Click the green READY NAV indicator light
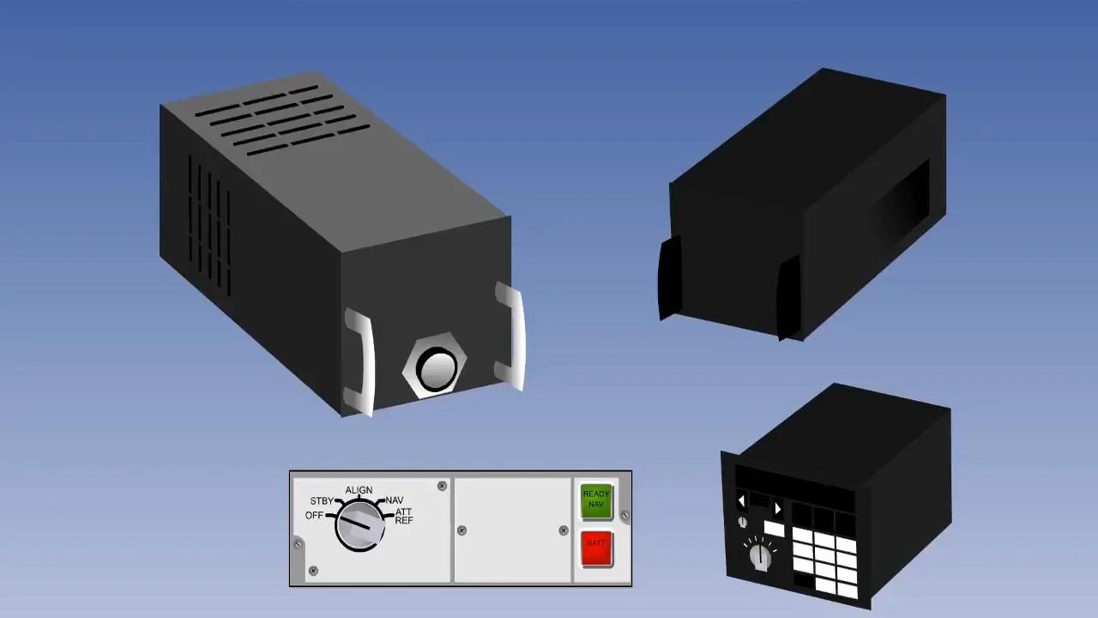tap(596, 500)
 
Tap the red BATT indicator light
tap(596, 548)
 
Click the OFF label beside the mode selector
tap(314, 515)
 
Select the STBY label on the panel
tap(322, 501)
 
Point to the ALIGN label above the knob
tap(359, 490)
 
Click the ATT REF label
tap(403, 517)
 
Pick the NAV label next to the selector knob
tap(394, 500)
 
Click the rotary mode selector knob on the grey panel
tap(359, 525)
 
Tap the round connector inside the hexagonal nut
tap(436, 368)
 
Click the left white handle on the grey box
tap(360, 360)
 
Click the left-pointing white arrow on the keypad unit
tap(741, 501)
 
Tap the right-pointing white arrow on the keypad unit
tap(777, 508)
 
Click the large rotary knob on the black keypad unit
tap(760, 557)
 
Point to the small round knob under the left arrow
tap(742, 522)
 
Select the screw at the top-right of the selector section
tap(442, 486)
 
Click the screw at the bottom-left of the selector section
tap(313, 571)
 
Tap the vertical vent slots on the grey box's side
tap(209, 223)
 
